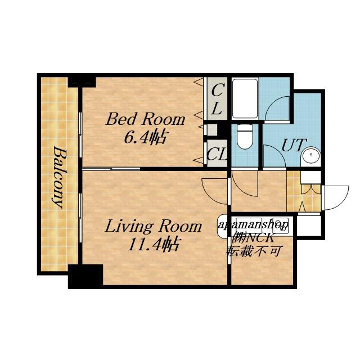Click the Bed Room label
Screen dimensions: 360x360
pyautogui.click(x=145, y=119)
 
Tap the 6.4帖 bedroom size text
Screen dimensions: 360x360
pyautogui.click(x=145, y=137)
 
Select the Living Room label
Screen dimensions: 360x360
pyautogui.click(x=154, y=226)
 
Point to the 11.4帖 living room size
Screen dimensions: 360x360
pyautogui.click(x=154, y=244)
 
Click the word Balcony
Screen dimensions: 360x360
pyautogui.click(x=59, y=177)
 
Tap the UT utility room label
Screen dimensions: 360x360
pyautogui.click(x=294, y=145)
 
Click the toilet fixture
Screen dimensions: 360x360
pyautogui.click(x=245, y=136)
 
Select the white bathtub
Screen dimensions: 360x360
pyautogui.click(x=245, y=98)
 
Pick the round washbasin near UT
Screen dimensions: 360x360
pyautogui.click(x=311, y=155)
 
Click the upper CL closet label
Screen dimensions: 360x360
pyautogui.click(x=216, y=100)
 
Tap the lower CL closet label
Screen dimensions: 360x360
pyautogui.click(x=217, y=154)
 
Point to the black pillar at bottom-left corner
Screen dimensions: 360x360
pyautogui.click(x=85, y=276)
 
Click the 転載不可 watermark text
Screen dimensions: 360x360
pyautogui.click(x=254, y=251)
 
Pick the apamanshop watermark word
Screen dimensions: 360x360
pyautogui.click(x=253, y=224)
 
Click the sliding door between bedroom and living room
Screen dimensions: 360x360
pyautogui.click(x=111, y=169)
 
